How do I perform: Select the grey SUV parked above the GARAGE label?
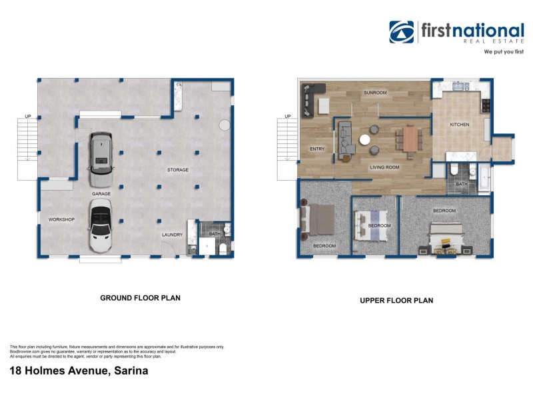tap(101, 159)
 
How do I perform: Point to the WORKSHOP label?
tap(61, 219)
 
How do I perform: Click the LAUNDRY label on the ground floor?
tap(172, 235)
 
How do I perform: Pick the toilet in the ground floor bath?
tap(223, 249)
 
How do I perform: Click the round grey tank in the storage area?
tap(225, 125)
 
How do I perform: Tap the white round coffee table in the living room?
tap(365, 140)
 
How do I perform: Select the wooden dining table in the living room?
tap(408, 139)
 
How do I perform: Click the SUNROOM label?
tap(375, 93)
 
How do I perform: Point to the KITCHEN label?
tap(460, 125)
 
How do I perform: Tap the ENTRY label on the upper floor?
tap(316, 149)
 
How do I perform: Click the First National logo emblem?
tap(402, 32)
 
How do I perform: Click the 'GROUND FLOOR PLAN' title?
tap(140, 298)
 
